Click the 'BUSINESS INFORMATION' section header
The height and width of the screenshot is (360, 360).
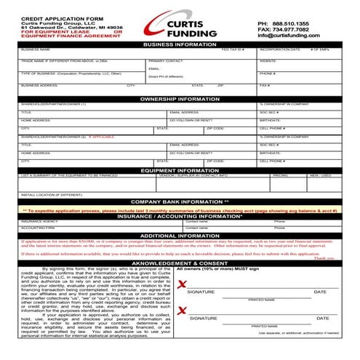(x=180, y=44)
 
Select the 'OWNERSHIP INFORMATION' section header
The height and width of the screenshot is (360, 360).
(x=180, y=98)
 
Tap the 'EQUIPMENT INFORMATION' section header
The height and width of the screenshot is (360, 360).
(x=180, y=170)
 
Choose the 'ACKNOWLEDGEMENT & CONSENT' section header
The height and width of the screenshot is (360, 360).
(x=180, y=263)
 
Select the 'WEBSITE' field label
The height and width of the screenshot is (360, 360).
(x=268, y=61)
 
